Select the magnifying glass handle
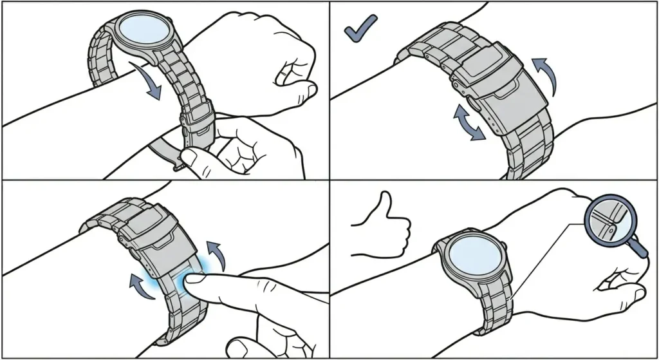[x=638, y=247]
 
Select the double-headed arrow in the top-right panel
[x=468, y=123]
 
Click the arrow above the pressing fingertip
[x=218, y=254]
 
